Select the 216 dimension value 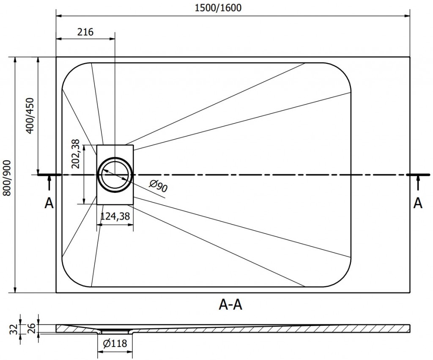(x=85, y=32)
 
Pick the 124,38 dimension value (x=115, y=217)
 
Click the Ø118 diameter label (x=115, y=344)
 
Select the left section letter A (x=49, y=203)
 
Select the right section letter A (x=418, y=203)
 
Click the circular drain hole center (x=115, y=174)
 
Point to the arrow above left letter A (x=49, y=183)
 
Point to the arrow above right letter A (x=418, y=183)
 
